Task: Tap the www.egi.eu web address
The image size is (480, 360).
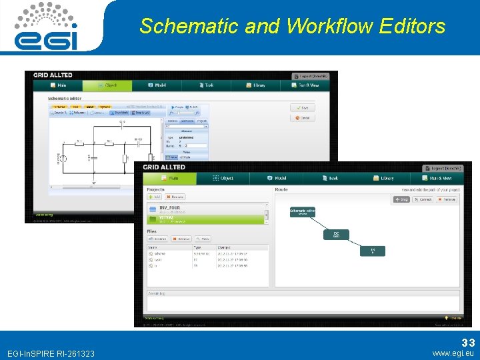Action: pos(453,353)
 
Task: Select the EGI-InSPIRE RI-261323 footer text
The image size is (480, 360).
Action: pos(50,353)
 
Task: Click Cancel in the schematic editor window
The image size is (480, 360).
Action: pos(302,118)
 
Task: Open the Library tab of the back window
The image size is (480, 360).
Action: pos(256,85)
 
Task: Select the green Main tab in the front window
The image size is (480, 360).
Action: pos(170,178)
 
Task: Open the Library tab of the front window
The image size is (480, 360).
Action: pos(385,178)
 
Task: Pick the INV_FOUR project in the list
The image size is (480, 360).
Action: pos(169,208)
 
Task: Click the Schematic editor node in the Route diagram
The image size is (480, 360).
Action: pos(302,212)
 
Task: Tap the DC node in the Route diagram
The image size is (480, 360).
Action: pos(336,235)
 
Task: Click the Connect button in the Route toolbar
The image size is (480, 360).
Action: pos(423,199)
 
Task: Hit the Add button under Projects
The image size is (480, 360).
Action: pos(155,197)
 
